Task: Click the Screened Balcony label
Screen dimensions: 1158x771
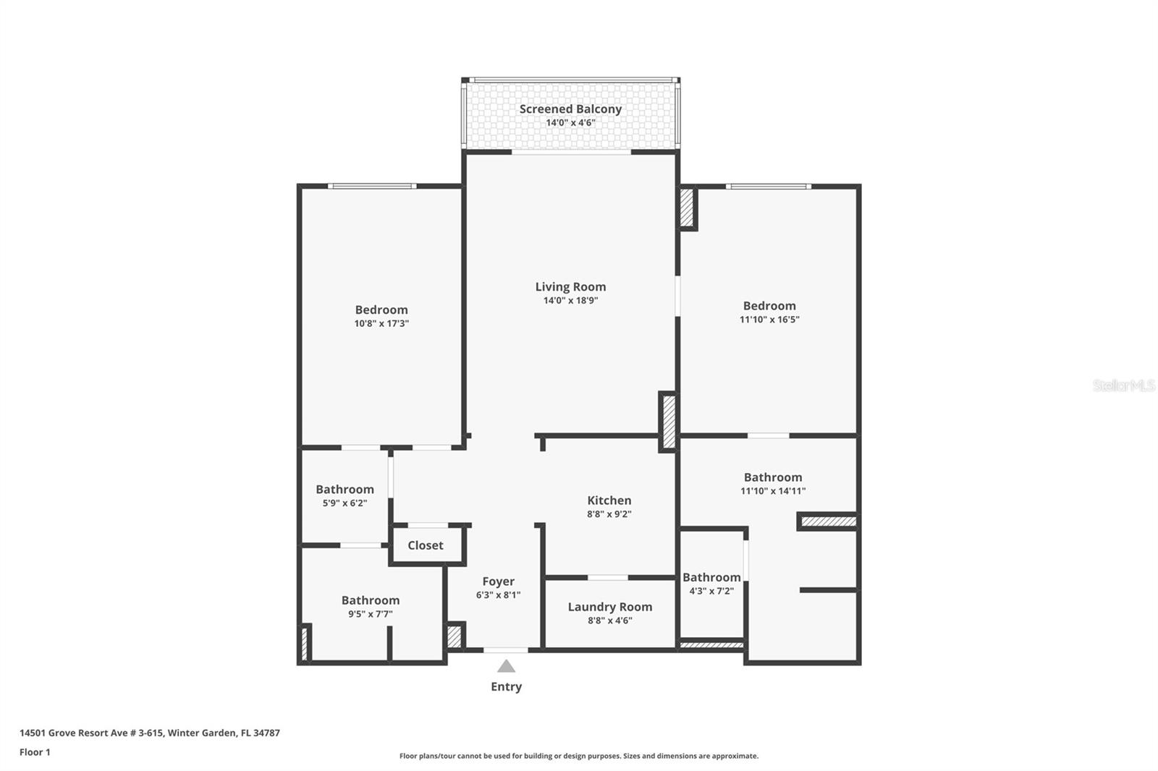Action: pos(570,109)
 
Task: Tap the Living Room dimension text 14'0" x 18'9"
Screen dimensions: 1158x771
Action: pos(570,300)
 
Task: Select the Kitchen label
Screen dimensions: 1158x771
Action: pos(609,500)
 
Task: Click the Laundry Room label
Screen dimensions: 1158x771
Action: pos(610,607)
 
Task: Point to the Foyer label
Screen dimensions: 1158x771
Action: pos(499,582)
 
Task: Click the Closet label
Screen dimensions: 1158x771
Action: pos(426,545)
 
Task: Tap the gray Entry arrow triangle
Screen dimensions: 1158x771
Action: pos(506,666)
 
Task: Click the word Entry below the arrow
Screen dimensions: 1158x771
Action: pos(506,687)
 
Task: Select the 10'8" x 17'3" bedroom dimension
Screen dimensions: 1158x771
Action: pos(381,323)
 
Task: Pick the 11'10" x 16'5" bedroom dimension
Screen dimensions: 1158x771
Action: pos(769,320)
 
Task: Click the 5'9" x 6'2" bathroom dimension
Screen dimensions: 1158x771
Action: pos(345,503)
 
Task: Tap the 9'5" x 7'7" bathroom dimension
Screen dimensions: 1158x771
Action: pos(370,614)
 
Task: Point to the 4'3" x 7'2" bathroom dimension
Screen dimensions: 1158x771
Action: pos(711,591)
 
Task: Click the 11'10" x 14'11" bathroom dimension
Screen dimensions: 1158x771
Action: pos(773,491)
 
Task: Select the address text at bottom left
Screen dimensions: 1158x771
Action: pos(150,733)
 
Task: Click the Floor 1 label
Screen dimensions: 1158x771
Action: pos(35,752)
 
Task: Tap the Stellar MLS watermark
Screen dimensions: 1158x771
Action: pos(1124,385)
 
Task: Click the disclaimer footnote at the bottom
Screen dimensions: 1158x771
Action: pos(579,756)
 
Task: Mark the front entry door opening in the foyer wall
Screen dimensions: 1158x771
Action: pos(506,650)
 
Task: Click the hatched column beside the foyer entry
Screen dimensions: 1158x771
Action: pos(454,636)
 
